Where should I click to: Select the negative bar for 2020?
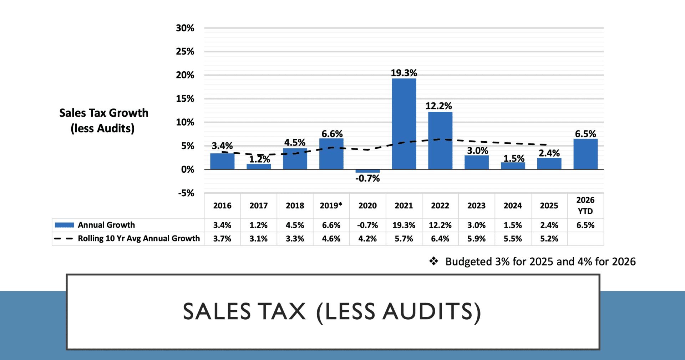click(x=367, y=171)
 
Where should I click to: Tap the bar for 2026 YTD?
click(x=585, y=154)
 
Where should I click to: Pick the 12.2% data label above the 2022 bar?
click(x=438, y=106)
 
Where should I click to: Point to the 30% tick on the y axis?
click(x=185, y=28)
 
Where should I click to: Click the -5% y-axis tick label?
click(x=186, y=193)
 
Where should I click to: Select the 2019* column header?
click(x=331, y=206)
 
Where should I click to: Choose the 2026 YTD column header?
click(x=585, y=206)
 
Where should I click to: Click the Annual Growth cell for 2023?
click(x=476, y=225)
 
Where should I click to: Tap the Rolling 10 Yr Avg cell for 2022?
click(x=440, y=239)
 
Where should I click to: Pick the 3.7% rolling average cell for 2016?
click(x=222, y=239)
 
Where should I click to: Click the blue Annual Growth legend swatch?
click(x=64, y=225)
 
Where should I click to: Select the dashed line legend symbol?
click(x=64, y=238)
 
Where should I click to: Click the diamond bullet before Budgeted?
click(x=433, y=261)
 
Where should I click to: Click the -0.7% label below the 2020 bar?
click(x=367, y=178)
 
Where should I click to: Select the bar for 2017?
click(x=259, y=166)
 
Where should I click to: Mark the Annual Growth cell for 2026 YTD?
click(x=585, y=225)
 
